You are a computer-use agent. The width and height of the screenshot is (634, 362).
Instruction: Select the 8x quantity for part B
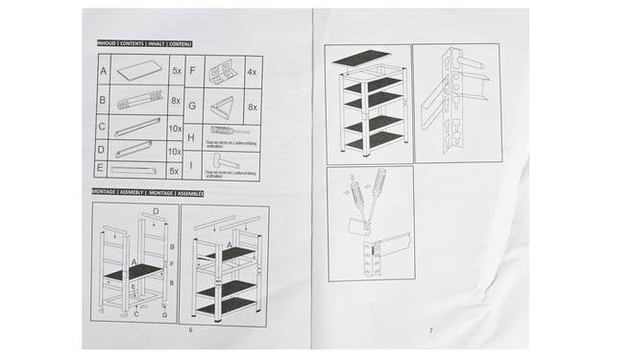click(176, 99)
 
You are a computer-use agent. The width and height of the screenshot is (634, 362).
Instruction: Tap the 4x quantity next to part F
click(252, 71)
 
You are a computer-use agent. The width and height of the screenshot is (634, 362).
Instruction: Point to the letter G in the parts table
click(192, 106)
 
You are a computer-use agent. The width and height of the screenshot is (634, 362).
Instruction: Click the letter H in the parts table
click(192, 135)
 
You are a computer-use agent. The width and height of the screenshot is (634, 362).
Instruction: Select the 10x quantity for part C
click(176, 127)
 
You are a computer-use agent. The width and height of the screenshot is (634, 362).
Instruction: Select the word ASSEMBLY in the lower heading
click(145, 193)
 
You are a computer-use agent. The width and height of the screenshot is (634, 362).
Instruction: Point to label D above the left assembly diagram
click(156, 211)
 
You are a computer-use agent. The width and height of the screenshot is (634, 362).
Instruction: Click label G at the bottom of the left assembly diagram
click(165, 314)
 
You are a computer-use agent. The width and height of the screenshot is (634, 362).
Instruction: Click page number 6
click(191, 330)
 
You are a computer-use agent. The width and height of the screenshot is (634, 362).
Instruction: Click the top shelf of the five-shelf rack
click(362, 56)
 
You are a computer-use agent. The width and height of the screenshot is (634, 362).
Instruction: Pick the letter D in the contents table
click(104, 150)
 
